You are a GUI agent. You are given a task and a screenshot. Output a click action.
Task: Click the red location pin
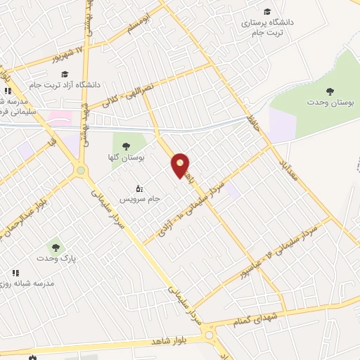[181, 165]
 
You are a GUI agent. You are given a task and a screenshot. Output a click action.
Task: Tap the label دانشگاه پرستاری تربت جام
[269, 27]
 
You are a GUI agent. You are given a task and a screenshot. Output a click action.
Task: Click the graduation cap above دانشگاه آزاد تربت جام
[65, 75]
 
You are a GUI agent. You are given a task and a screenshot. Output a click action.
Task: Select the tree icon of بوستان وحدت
[329, 90]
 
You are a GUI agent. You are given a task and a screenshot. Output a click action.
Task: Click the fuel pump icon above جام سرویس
[139, 188]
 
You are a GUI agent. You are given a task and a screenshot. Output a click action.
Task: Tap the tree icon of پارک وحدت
[55, 247]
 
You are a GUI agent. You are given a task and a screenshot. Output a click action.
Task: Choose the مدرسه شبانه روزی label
[37, 283]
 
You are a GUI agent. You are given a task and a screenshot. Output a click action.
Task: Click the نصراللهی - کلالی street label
[129, 93]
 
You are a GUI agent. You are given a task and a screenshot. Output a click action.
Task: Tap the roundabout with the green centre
[81, 170]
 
